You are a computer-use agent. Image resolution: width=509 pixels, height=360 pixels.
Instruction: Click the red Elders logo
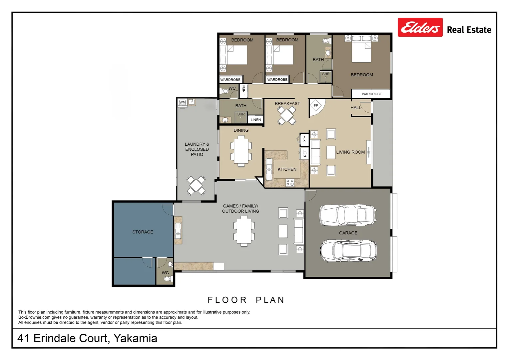click(420, 27)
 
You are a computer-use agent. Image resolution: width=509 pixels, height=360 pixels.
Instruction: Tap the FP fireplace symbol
click(316, 106)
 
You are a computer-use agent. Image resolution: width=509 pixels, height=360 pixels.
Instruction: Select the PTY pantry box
click(304, 139)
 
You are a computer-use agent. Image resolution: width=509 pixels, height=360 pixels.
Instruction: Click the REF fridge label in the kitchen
click(304, 153)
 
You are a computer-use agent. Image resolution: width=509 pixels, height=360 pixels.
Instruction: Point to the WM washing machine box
click(182, 102)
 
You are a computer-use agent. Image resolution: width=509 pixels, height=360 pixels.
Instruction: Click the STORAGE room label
click(143, 232)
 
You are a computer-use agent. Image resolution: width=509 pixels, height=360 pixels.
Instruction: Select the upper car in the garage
click(348, 215)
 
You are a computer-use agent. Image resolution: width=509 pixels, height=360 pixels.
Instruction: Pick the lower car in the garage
click(348, 250)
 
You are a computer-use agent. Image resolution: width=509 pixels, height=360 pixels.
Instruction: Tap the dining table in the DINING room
click(241, 151)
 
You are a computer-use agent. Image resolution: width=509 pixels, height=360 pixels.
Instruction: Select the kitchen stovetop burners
click(290, 182)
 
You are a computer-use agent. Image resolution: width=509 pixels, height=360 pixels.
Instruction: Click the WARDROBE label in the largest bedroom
click(372, 94)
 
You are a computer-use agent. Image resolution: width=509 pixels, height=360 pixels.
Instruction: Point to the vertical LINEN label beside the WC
click(244, 91)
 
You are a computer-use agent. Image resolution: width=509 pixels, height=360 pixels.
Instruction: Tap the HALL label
click(355, 108)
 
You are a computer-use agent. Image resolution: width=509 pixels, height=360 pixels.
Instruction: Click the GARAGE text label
click(348, 233)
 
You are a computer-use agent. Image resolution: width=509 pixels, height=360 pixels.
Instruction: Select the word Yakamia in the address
click(135, 338)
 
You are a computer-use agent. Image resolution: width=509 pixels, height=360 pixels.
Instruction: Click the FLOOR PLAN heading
click(246, 300)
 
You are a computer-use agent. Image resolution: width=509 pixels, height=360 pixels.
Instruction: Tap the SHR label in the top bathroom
click(325, 74)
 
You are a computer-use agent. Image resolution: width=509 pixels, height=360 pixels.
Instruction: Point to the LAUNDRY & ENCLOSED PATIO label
click(197, 149)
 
